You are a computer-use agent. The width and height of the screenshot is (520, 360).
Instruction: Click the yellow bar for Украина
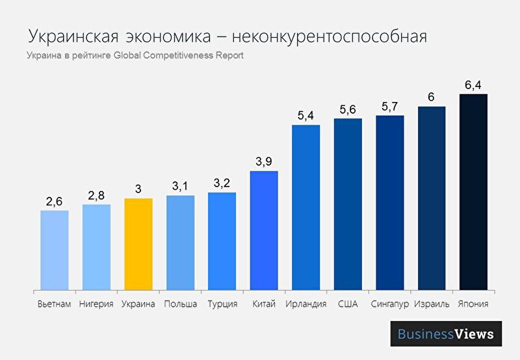(x=138, y=244)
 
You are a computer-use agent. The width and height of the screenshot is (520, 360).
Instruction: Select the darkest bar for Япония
(x=473, y=192)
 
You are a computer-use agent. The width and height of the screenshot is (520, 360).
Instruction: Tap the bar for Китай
(x=264, y=231)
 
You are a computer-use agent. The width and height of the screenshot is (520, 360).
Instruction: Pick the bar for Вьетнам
(x=55, y=250)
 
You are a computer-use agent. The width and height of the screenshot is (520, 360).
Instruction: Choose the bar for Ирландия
(x=305, y=207)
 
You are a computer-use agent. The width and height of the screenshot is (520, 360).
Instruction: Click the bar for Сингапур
(x=389, y=203)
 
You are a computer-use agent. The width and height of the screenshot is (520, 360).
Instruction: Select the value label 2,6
(x=55, y=201)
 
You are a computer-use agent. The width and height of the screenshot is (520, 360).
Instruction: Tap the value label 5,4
(x=305, y=116)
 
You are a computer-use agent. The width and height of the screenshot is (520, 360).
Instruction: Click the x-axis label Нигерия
(x=96, y=304)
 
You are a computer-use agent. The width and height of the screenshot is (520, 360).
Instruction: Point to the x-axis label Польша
(x=180, y=304)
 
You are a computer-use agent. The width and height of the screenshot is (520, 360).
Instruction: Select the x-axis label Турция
(x=222, y=304)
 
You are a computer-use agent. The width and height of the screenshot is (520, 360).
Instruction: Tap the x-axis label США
(x=347, y=304)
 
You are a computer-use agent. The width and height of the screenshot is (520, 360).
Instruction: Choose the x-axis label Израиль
(x=432, y=304)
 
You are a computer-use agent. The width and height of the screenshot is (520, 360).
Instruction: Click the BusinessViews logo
(x=446, y=335)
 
